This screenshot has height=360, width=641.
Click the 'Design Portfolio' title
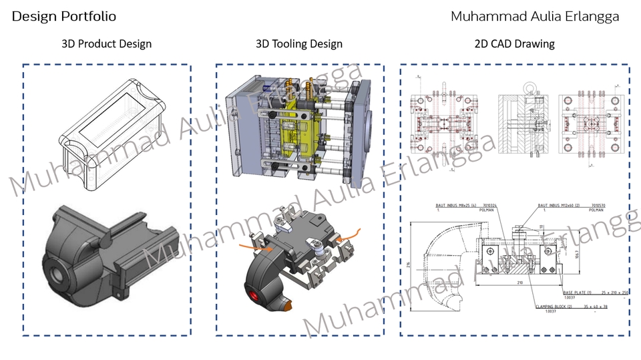63,16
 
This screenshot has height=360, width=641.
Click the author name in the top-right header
534,16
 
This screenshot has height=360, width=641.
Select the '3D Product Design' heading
106,44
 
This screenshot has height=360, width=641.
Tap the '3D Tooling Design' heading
299,44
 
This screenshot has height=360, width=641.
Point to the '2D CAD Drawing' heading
514,44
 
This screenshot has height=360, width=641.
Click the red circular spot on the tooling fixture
253,296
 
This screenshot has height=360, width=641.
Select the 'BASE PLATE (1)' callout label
578,293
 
